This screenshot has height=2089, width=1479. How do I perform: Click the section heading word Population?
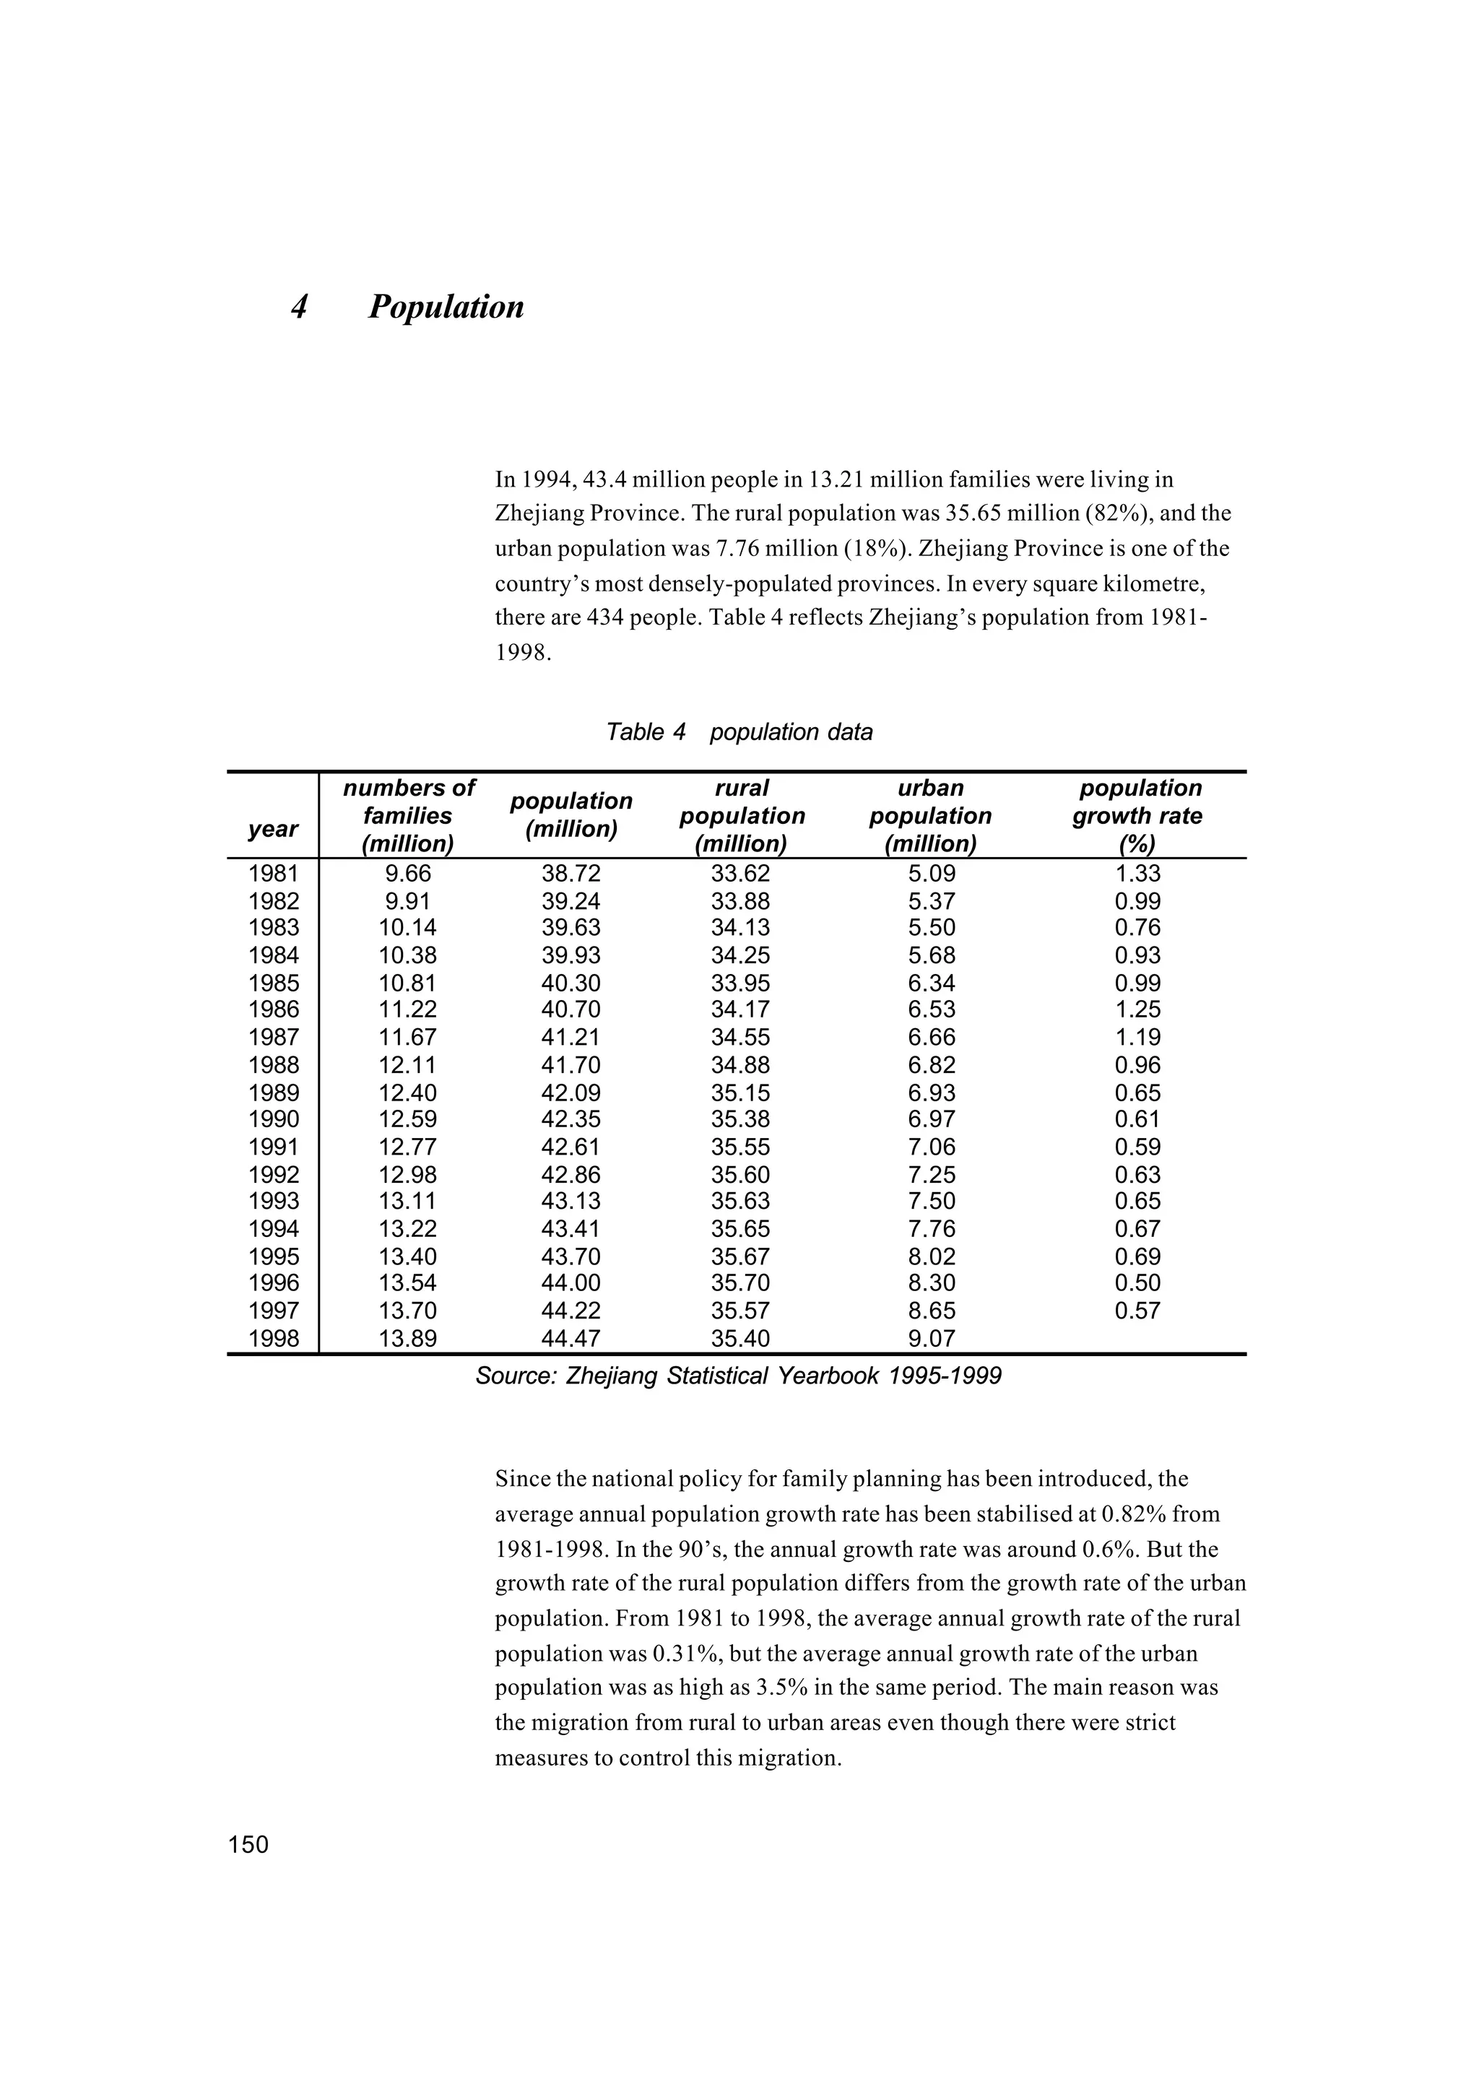(x=446, y=308)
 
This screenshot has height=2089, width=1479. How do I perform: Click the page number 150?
(x=248, y=1844)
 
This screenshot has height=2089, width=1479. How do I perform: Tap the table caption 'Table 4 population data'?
(x=739, y=732)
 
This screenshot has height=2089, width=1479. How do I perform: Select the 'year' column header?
(x=272, y=829)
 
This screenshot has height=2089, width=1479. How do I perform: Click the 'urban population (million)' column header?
(x=930, y=816)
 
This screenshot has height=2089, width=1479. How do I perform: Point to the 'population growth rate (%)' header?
(x=1138, y=816)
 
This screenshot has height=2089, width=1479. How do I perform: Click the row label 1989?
(x=273, y=1093)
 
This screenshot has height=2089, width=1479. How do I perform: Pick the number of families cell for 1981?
(x=407, y=874)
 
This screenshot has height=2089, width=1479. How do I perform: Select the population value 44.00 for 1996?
(x=571, y=1283)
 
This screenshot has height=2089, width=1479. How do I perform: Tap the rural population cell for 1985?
(x=740, y=983)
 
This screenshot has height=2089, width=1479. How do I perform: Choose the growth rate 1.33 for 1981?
(x=1137, y=874)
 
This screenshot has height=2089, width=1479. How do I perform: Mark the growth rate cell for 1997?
(x=1137, y=1311)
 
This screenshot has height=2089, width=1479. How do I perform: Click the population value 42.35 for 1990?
(x=571, y=1119)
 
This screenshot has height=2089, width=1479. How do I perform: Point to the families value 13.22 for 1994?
(x=407, y=1230)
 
